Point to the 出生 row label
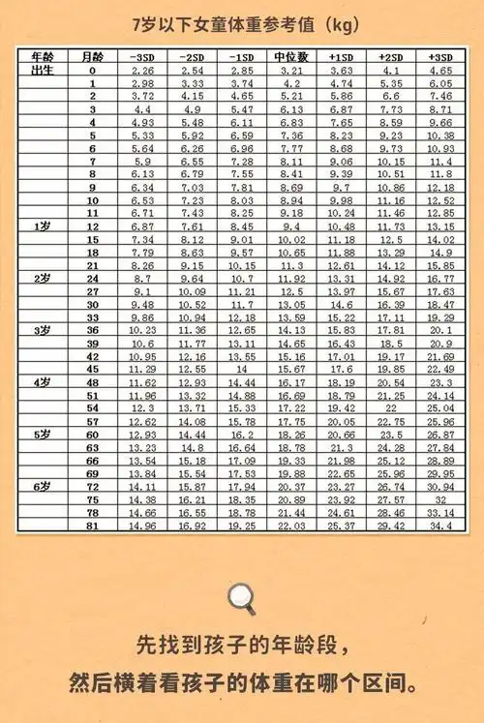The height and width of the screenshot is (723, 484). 43,70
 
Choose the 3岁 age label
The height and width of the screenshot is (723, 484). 43,329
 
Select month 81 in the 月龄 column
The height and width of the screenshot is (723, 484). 93,526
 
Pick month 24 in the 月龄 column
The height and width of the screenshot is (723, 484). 93,278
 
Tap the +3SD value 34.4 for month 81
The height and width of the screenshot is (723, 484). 440,526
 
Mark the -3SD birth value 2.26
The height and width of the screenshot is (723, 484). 142,71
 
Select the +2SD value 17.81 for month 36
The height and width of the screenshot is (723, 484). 391,329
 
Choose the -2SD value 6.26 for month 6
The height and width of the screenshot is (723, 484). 192,148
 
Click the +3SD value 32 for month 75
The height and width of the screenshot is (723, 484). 440,499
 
